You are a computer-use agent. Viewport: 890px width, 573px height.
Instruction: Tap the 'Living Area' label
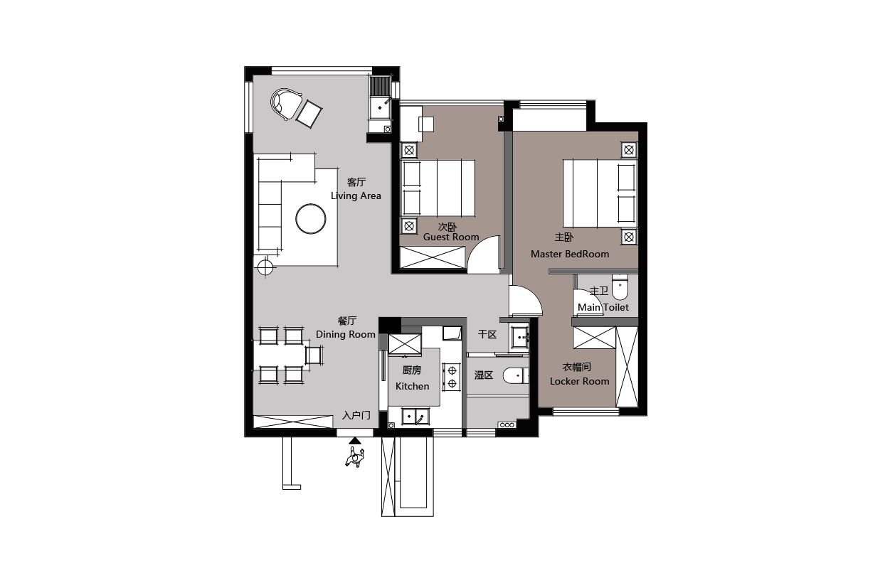[x=356, y=196]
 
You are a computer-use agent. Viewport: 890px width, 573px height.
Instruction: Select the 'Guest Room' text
[x=451, y=237]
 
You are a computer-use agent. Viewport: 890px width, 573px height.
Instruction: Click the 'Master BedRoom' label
[x=570, y=254]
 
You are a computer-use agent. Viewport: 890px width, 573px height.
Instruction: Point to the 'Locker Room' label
[x=579, y=381]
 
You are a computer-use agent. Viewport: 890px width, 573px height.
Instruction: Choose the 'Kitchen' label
[x=412, y=386]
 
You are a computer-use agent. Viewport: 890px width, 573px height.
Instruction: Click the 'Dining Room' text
[x=345, y=334]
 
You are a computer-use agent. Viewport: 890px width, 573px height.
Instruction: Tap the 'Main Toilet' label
[x=603, y=307]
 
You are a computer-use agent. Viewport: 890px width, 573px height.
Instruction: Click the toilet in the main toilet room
[x=620, y=286]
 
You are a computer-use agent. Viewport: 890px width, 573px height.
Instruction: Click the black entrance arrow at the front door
[x=355, y=440]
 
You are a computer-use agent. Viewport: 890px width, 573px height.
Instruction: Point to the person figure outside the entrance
[x=354, y=457]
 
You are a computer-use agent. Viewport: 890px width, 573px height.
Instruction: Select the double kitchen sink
[x=415, y=416]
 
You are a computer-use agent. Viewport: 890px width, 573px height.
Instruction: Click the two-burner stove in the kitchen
[x=452, y=377]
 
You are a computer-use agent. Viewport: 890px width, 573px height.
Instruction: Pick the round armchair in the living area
[x=285, y=104]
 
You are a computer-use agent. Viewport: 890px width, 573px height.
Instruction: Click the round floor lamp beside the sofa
[x=265, y=267]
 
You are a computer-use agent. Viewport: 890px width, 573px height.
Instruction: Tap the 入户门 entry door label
[x=356, y=415]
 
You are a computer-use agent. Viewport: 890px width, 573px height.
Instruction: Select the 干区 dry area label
[x=487, y=334]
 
